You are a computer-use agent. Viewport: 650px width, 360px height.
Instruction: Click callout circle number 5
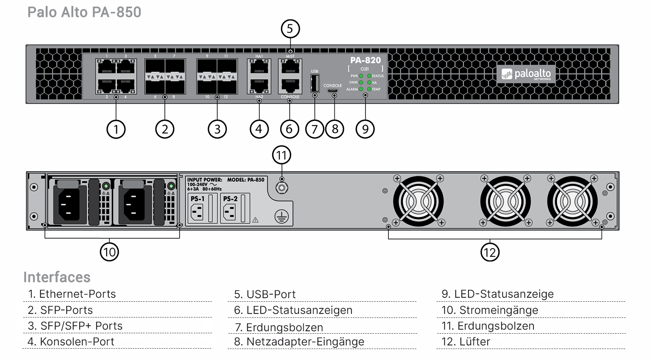(x=290, y=29)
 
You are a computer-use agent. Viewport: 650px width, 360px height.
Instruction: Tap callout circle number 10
(x=109, y=252)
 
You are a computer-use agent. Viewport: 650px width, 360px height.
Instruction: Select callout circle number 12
(x=490, y=252)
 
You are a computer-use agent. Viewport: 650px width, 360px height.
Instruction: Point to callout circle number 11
(x=281, y=155)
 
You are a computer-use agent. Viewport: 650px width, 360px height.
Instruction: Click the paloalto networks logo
(x=526, y=74)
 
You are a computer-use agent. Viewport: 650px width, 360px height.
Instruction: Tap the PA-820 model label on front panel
(x=366, y=60)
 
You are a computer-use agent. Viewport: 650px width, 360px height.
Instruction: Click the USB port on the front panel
(x=314, y=83)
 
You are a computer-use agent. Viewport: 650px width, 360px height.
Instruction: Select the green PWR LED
(x=361, y=76)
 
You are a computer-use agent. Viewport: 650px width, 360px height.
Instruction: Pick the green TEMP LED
(x=369, y=89)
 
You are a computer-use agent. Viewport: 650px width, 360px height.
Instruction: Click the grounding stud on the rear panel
(x=281, y=188)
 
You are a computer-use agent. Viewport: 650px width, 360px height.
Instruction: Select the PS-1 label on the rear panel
(x=197, y=199)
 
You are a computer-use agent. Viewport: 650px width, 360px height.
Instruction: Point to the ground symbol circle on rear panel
(x=281, y=216)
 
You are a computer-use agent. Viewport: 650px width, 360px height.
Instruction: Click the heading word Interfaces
(x=57, y=277)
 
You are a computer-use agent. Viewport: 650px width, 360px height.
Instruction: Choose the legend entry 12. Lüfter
(x=466, y=341)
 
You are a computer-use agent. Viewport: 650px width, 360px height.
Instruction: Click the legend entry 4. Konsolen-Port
(x=71, y=341)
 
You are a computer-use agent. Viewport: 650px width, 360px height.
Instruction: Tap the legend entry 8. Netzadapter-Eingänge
(x=299, y=341)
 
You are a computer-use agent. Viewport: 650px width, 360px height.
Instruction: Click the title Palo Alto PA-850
(x=84, y=12)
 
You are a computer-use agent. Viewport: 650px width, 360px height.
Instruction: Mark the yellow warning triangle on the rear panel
(x=255, y=220)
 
